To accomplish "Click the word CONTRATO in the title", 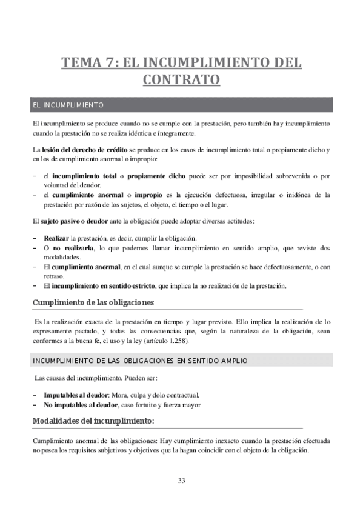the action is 181,79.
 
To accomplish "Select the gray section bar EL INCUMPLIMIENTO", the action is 181,105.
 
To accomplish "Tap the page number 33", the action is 181,481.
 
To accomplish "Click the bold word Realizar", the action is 56,238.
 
